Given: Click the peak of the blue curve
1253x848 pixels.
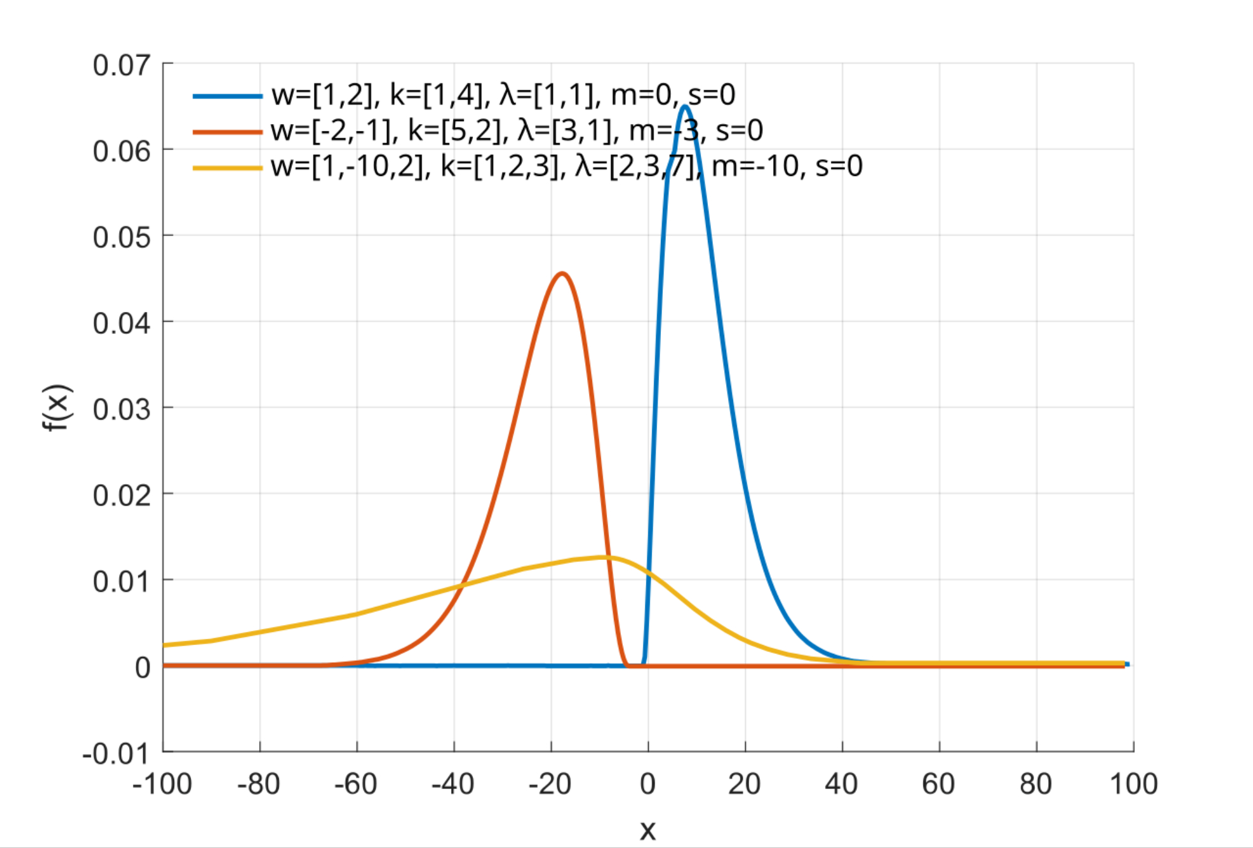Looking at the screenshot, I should (x=685, y=106).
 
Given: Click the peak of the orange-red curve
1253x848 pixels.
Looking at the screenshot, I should (x=563, y=273).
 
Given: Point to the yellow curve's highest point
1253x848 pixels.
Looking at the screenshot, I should (x=603, y=557).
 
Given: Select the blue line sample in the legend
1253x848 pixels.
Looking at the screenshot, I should (x=227, y=96).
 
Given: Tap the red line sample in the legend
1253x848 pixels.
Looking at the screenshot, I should (x=227, y=132).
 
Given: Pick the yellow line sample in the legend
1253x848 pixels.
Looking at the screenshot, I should (x=227, y=167).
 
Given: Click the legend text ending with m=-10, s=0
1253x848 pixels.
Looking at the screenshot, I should (x=566, y=167).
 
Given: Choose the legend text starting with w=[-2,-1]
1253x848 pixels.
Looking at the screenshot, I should (x=517, y=131).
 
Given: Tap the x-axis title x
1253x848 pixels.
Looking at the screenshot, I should (x=648, y=830).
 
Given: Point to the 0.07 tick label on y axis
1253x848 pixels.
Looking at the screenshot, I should (x=122, y=65).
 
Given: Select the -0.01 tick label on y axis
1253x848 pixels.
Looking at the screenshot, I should (x=117, y=753).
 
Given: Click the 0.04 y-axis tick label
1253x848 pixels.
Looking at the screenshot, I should (x=122, y=323).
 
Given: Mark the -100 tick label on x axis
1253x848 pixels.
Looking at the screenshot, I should (x=162, y=784).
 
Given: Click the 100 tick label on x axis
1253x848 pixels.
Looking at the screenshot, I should (x=1133, y=784).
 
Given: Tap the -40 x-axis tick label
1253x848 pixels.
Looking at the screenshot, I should (x=453, y=784).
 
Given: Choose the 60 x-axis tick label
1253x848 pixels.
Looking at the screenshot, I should (x=938, y=784).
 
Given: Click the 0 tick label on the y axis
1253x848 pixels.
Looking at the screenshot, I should (x=143, y=668).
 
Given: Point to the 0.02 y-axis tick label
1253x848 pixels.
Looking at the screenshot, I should (x=122, y=495).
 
